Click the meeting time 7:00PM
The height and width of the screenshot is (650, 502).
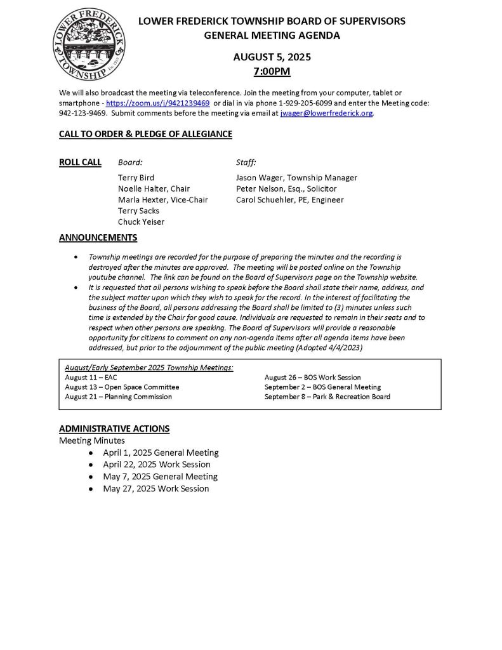click(272, 70)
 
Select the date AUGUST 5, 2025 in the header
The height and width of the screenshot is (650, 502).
click(272, 56)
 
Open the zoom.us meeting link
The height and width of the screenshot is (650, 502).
click(158, 103)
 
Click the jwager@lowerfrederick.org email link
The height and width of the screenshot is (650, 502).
click(326, 113)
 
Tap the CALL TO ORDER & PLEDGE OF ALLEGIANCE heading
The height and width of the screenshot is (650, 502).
click(145, 134)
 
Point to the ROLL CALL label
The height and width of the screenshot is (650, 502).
click(80, 162)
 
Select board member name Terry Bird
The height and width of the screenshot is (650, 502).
click(136, 178)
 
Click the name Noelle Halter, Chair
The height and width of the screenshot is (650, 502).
click(154, 189)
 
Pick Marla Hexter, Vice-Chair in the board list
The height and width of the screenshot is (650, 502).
click(162, 199)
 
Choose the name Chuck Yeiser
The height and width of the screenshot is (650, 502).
click(141, 222)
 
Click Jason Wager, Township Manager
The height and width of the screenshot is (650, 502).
click(296, 178)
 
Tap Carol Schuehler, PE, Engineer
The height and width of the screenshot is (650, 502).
click(289, 199)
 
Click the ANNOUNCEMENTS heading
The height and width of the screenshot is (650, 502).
click(98, 238)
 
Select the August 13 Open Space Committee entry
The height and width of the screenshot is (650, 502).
click(122, 387)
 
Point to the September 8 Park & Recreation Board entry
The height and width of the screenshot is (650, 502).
click(327, 397)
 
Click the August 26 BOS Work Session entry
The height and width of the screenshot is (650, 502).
click(312, 377)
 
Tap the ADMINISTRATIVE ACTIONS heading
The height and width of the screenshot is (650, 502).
click(114, 428)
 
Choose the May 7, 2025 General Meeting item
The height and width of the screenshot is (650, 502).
click(160, 477)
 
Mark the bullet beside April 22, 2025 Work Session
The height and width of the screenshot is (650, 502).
click(93, 465)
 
